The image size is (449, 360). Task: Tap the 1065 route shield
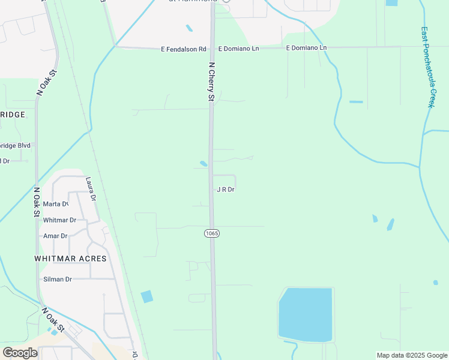211,233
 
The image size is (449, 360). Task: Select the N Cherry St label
211,80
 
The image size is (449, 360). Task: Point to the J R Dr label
225,190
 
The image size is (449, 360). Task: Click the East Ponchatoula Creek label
427,67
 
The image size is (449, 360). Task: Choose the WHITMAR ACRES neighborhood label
70,259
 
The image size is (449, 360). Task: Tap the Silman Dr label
57,280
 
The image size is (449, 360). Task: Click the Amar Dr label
55,236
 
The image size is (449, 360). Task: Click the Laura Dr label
91,188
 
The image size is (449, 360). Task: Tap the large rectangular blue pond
305,314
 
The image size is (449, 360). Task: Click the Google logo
20,352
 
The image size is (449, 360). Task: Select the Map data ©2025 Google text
412,355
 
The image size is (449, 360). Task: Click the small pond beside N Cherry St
203,163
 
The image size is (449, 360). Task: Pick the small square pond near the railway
146,296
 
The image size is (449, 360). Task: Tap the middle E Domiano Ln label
238,48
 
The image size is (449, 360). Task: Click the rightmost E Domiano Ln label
306,47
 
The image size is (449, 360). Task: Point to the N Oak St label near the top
46,83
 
